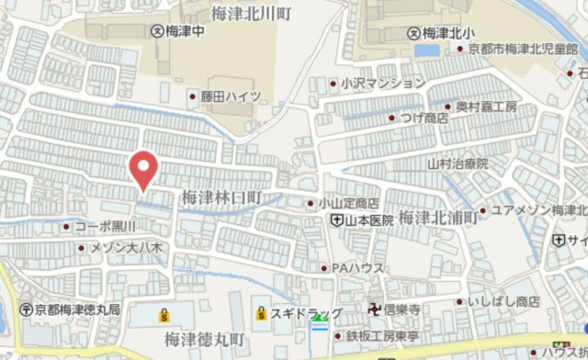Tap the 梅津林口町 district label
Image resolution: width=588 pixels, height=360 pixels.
click(x=222, y=197)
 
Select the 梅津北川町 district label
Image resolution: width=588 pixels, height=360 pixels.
click(x=252, y=14)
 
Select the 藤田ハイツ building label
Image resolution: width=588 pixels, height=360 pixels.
click(x=231, y=96)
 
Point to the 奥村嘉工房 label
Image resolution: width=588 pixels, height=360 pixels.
click(x=487, y=107)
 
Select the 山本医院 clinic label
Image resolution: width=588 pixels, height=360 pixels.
click(x=368, y=220)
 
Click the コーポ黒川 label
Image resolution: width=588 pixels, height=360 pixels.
click(x=104, y=226)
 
